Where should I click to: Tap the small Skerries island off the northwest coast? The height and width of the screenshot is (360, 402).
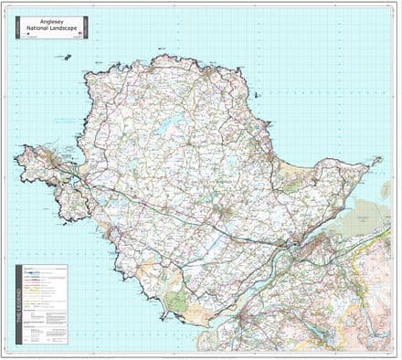tap(67, 57)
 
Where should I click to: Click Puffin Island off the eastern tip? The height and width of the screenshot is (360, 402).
tap(376, 161)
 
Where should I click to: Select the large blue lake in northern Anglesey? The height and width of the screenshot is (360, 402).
tap(166, 129)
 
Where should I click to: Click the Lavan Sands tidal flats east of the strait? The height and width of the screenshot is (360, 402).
tap(352, 219)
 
